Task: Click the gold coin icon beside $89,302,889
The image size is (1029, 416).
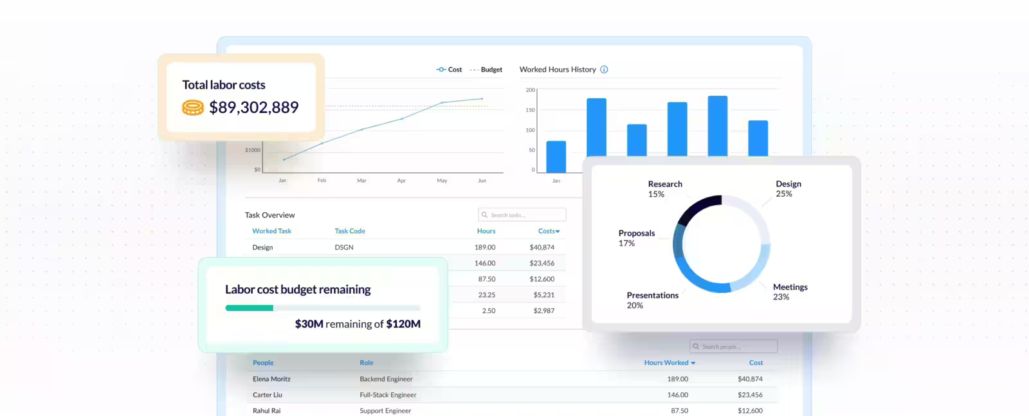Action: [x=192, y=107]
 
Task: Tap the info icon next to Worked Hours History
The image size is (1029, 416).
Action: [x=604, y=69]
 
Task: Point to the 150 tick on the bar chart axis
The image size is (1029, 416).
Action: [x=530, y=110]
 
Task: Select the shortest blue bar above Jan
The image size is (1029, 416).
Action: [x=556, y=157]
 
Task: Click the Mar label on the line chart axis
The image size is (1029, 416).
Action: [x=361, y=181]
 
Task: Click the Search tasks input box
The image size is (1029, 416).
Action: [x=522, y=215]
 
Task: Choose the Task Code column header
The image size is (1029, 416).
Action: [x=350, y=231]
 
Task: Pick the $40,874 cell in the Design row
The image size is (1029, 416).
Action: [x=542, y=247]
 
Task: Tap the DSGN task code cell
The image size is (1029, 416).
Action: [x=344, y=247]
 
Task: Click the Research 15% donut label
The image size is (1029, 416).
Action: [x=664, y=188]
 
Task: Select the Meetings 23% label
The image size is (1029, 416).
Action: [x=790, y=291]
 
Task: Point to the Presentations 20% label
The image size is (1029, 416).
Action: [x=652, y=300]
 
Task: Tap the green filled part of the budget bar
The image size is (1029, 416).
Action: [x=249, y=308]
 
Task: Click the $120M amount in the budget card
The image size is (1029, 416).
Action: [x=403, y=324]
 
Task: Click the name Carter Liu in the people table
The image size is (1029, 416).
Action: [x=268, y=395]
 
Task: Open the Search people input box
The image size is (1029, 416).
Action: [x=733, y=347]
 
